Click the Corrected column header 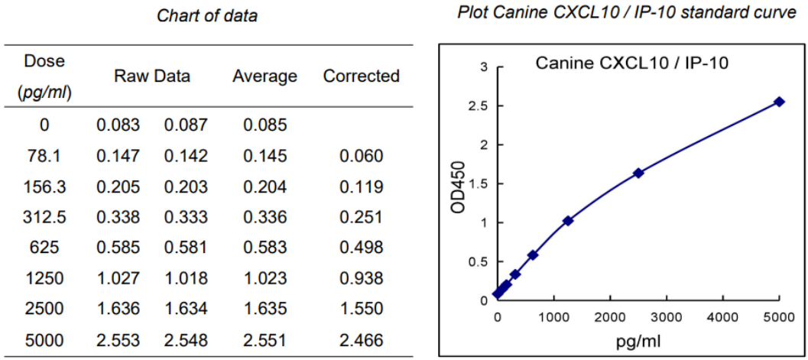tap(361, 76)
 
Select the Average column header tap(264, 76)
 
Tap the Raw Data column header tap(152, 76)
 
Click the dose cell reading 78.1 tap(44, 156)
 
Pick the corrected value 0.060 tap(361, 156)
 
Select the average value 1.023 tap(264, 278)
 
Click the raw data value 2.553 tap(118, 339)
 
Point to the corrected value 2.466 tap(361, 339)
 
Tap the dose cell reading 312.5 tap(44, 217)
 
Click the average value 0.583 tap(264, 248)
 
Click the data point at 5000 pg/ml tap(779, 102)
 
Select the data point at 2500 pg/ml tap(638, 173)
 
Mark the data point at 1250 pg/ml tap(568, 221)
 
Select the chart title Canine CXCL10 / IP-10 tap(631, 63)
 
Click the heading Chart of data tap(207, 15)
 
